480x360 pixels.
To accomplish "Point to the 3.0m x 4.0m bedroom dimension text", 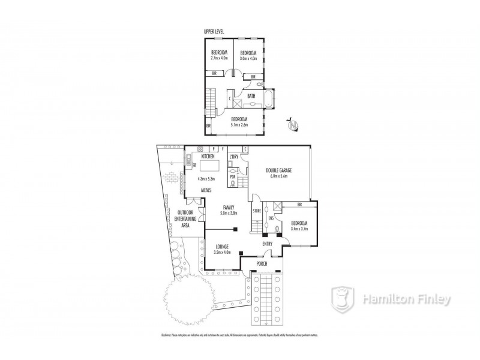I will point(248,59).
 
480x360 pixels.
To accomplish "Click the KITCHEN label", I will point(200,155).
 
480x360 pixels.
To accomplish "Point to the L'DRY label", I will point(234,156).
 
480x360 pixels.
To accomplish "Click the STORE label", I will point(257,211).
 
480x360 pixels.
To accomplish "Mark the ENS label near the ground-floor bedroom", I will point(271,218).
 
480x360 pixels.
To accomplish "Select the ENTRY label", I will point(268,244).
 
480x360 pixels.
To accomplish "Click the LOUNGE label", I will point(222,247).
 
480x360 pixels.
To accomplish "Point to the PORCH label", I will point(262,263).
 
